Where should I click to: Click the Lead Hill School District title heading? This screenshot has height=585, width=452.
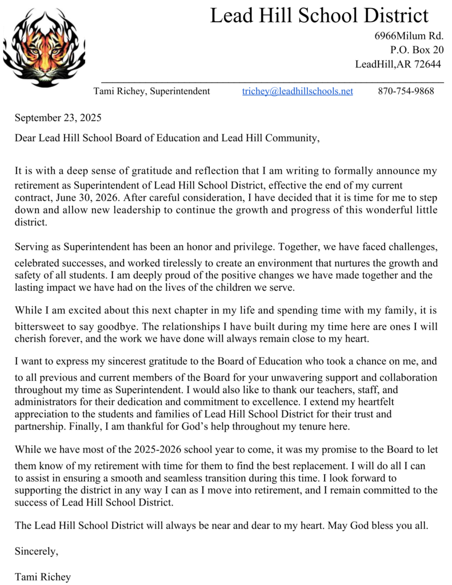tap(319, 15)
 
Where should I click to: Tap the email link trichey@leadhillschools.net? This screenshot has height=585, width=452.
tap(297, 91)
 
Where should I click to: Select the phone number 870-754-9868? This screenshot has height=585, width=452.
tap(406, 91)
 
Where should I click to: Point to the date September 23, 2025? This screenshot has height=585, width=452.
tap(58, 118)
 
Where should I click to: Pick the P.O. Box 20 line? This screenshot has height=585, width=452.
tap(417, 50)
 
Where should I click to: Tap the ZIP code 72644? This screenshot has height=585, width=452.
tap(427, 64)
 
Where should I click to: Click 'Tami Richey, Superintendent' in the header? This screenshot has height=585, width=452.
tap(151, 91)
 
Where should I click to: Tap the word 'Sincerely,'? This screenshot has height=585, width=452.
tap(36, 552)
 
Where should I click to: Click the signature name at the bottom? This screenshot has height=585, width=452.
tap(43, 577)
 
